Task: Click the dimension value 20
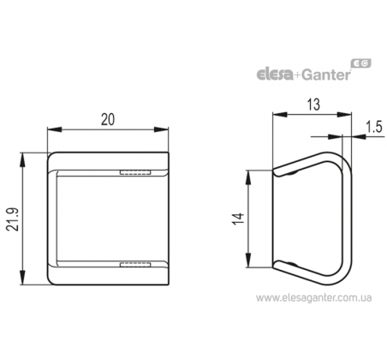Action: point(108,119)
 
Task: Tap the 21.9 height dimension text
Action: point(13,219)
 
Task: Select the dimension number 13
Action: point(313,105)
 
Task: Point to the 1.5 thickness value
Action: point(373,127)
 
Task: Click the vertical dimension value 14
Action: point(238,219)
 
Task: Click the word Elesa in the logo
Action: point(275,75)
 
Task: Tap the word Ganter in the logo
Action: point(325,75)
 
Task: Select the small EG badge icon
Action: point(361,63)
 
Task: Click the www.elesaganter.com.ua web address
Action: point(313,298)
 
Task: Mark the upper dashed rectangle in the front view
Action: point(135,172)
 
